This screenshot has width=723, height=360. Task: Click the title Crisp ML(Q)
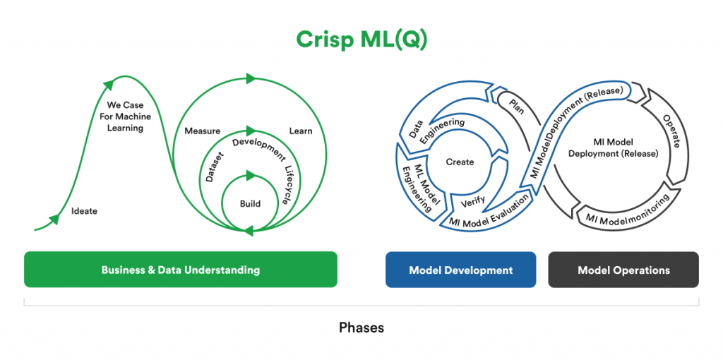tap(361, 40)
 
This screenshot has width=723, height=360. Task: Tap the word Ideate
tap(84, 211)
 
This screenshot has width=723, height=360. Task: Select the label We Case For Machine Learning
tap(125, 116)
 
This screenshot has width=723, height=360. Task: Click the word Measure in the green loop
tap(202, 131)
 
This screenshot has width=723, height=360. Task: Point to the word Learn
tap(300, 131)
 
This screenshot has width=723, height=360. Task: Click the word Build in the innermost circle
tap(250, 204)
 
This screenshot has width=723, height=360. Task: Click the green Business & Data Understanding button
tap(180, 270)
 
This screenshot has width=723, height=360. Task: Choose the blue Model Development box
tap(460, 270)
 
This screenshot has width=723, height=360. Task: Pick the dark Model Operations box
tap(623, 270)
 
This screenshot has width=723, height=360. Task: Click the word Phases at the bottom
tap(361, 328)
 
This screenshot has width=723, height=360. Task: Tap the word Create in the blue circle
tap(460, 162)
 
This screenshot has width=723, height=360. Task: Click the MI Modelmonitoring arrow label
tap(624, 215)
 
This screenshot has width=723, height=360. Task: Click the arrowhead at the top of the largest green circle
tap(249, 78)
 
